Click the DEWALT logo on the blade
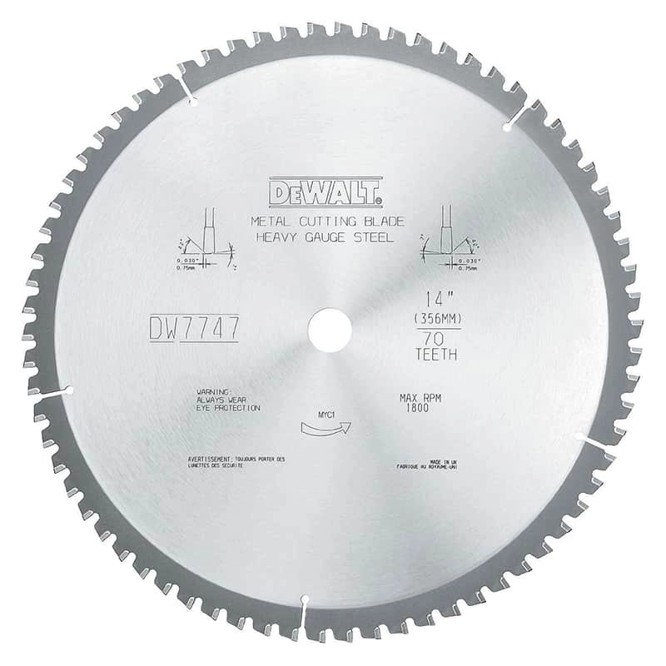tap(326, 192)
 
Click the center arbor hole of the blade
tap(329, 331)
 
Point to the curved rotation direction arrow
tap(325, 428)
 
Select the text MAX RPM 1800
tap(420, 403)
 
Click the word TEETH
tap(435, 355)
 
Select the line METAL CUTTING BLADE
tap(328, 221)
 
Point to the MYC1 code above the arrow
tap(326, 412)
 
